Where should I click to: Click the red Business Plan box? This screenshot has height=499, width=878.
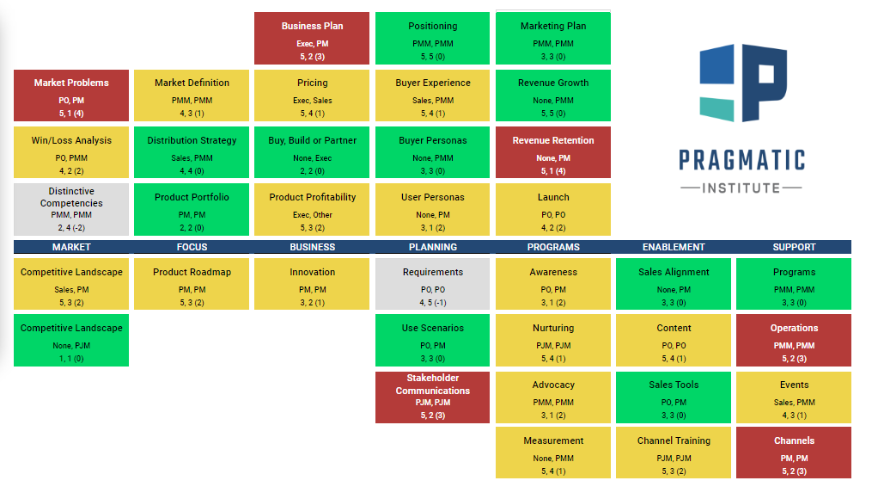pos(312,39)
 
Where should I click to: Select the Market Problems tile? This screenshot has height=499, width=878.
pos(71,95)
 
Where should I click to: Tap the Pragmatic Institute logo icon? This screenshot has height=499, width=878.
pos(743,83)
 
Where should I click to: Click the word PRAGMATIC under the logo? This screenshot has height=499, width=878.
pos(741,160)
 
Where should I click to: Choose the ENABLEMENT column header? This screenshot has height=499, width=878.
pos(674,247)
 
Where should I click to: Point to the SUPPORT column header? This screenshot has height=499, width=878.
pos(794,247)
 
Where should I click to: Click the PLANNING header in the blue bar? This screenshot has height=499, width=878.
pos(433,247)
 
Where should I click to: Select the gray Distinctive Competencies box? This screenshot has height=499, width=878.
pos(71,209)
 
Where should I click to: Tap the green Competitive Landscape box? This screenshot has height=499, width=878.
pos(71,341)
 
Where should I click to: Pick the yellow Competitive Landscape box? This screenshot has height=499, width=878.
pos(71,284)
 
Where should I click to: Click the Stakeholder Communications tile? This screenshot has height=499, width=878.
pos(433,397)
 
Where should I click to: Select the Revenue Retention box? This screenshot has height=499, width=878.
pos(553,152)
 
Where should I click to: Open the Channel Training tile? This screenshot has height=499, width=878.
pos(674,453)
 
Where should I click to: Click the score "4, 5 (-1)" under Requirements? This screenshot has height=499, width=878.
pos(433,302)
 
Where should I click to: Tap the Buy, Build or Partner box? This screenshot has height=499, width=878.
pos(312,152)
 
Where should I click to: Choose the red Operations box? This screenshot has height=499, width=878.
pos(794,341)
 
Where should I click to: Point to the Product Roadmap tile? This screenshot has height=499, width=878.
pos(192,284)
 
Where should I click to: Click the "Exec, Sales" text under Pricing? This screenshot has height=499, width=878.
pos(312,101)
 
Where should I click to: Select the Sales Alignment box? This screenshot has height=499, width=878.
pos(674,284)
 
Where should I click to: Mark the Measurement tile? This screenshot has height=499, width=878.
pos(553,453)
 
